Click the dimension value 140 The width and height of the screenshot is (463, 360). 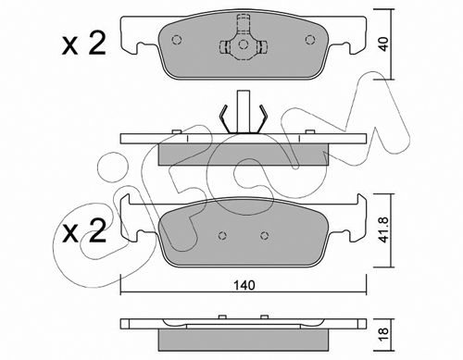point(244,285)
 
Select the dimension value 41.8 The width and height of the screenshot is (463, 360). point(384,230)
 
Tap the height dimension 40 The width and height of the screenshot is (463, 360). point(383,44)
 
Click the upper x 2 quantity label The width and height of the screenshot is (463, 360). point(84,44)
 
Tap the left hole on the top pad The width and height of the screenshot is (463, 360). point(176,40)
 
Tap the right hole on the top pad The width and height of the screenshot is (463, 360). point(310,40)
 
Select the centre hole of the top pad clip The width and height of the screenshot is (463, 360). point(244,44)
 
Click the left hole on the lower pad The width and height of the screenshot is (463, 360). point(222,236)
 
